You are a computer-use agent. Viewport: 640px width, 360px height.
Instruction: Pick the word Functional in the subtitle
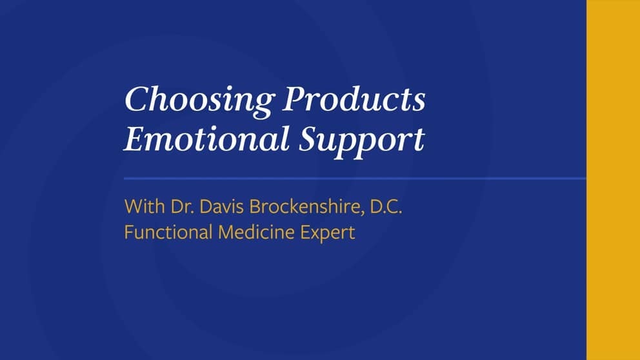coord(166,232)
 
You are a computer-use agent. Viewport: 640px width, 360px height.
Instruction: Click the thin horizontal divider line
coord(355,177)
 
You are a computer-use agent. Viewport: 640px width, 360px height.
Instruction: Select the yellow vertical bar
coord(613,180)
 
